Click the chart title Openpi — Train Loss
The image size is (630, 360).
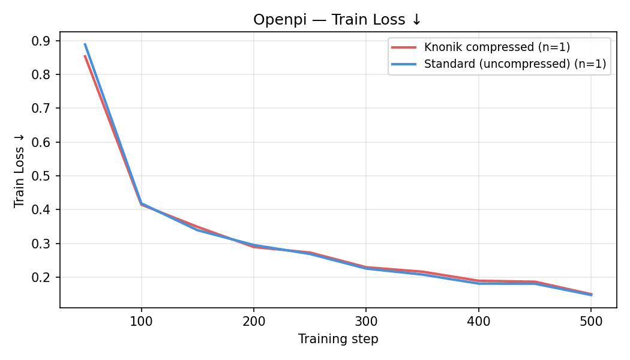click(337, 19)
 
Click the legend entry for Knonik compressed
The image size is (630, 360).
click(497, 47)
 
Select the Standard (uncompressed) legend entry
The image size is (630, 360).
click(515, 64)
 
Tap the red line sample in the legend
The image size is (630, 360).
click(404, 47)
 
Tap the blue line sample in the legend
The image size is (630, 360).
click(404, 64)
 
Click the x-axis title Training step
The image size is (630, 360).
click(338, 339)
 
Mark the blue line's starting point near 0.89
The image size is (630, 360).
click(85, 44)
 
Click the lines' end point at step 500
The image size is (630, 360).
click(591, 295)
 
